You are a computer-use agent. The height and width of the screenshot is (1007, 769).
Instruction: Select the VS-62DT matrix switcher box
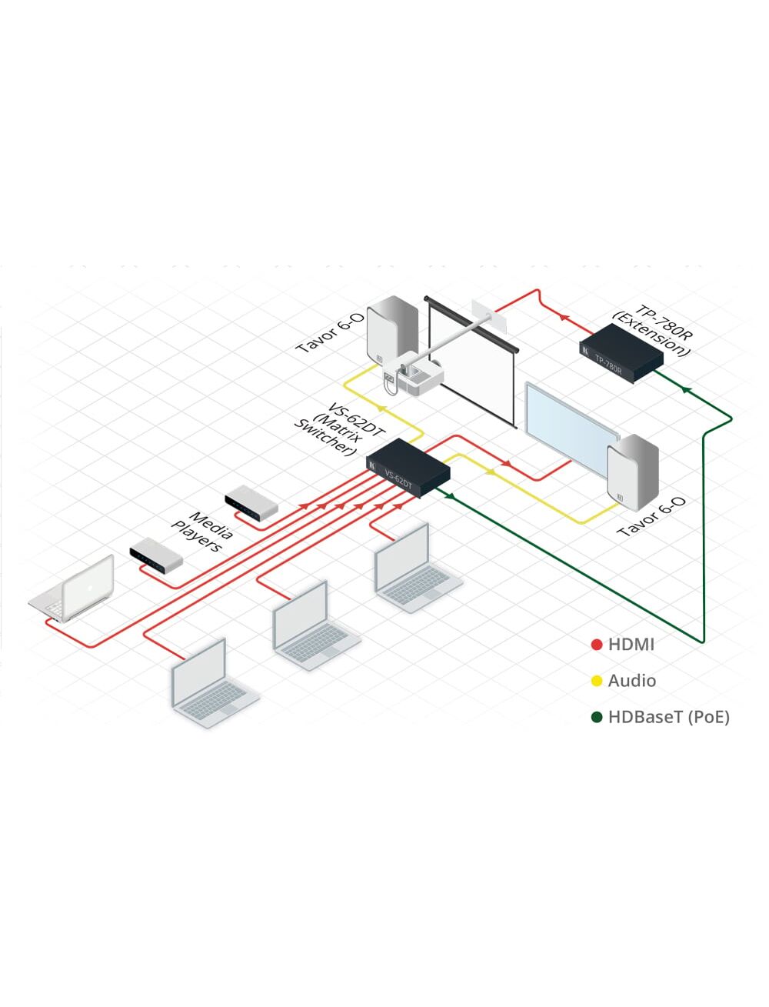click(x=408, y=468)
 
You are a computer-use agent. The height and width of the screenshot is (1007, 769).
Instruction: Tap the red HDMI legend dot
click(x=596, y=645)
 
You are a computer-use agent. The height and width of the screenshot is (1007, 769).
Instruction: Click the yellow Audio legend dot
click(x=596, y=681)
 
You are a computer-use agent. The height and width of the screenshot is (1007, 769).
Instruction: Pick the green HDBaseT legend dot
click(x=596, y=717)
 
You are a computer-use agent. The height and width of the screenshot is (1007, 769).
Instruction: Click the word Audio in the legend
click(x=631, y=681)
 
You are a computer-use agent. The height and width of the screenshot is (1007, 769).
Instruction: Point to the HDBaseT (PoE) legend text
click(x=668, y=717)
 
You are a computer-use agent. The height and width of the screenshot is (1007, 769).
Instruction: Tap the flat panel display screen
click(x=571, y=427)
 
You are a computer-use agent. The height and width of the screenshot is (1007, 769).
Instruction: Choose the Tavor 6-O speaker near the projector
click(x=391, y=335)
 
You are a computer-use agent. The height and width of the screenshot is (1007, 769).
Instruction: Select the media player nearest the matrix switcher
click(x=251, y=503)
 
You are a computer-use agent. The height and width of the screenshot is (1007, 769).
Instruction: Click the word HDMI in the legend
click(x=631, y=645)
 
